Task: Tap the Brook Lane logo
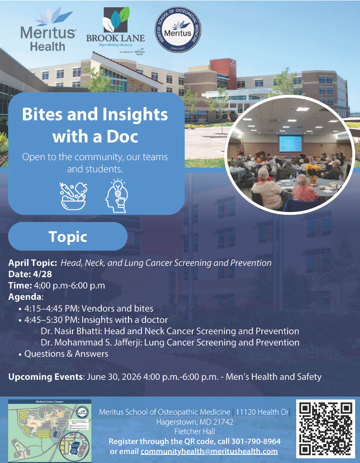click(115, 29)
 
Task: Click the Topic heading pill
click(68, 236)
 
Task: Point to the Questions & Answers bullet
click(66, 354)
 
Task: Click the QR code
click(326, 428)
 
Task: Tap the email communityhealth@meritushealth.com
click(209, 451)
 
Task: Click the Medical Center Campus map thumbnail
click(50, 430)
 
